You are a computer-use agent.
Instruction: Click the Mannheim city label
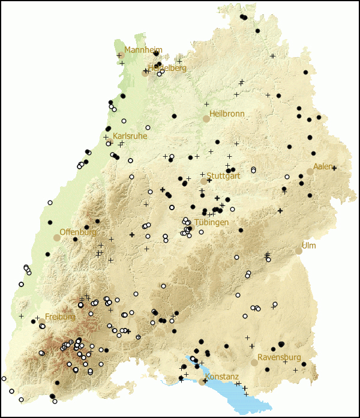click(x=143, y=50)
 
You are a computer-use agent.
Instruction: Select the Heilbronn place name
click(x=227, y=114)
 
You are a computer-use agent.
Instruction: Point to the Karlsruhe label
click(x=130, y=136)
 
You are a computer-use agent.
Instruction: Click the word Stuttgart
click(x=223, y=176)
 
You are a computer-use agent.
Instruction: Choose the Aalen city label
click(x=323, y=166)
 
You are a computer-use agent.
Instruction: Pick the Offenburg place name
click(x=78, y=232)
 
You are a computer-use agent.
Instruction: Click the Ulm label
click(x=308, y=246)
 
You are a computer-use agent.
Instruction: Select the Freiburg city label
click(x=60, y=317)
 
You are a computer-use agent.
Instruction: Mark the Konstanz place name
click(x=222, y=377)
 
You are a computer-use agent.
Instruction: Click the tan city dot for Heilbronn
click(x=206, y=119)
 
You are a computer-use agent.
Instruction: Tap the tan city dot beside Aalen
click(x=310, y=172)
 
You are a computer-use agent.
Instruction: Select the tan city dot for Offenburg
click(x=57, y=238)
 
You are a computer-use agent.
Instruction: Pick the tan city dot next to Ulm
click(x=298, y=251)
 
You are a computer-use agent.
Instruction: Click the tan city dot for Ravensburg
click(x=254, y=363)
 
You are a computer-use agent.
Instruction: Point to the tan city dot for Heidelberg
click(x=145, y=73)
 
